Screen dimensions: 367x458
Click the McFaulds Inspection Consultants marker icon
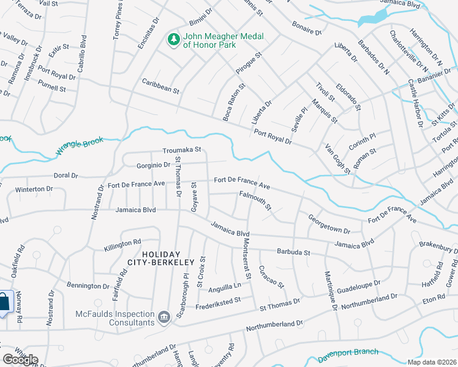coord(164,316)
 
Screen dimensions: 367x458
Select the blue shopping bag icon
coord(4,303)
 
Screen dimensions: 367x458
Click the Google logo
coord(20,360)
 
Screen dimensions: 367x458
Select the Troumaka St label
coord(182,150)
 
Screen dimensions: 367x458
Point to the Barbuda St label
coord(294,251)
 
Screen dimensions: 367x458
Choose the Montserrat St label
coord(244,258)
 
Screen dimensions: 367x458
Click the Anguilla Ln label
coord(224,285)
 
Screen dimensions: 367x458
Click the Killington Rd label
coord(122,243)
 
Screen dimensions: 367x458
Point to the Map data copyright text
coord(432,362)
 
